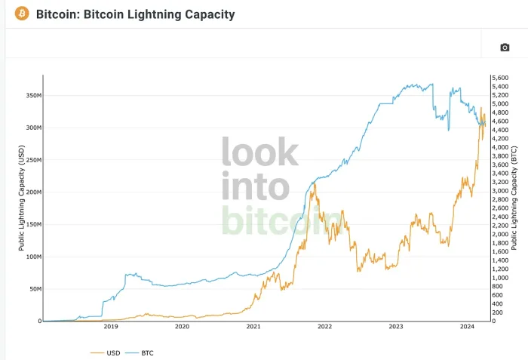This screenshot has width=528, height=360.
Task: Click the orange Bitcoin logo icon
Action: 22,14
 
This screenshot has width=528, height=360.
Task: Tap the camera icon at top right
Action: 505,48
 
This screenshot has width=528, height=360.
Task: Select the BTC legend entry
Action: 147,352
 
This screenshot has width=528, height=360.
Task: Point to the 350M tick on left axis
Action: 31,96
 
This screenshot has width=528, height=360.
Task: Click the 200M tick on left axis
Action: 31,192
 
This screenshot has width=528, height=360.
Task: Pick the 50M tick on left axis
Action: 32,289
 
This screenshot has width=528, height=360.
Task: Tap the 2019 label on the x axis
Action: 110,327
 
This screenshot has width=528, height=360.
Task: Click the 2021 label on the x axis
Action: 253,327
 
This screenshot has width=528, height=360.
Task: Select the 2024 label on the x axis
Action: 467,327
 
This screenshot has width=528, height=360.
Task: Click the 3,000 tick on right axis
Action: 501,191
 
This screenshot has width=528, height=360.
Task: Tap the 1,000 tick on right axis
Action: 501,278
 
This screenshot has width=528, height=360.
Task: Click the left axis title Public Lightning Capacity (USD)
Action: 21,198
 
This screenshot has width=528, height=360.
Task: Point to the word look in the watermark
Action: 259,152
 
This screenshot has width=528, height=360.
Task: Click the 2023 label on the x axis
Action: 396,327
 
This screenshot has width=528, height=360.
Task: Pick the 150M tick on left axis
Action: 31,225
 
